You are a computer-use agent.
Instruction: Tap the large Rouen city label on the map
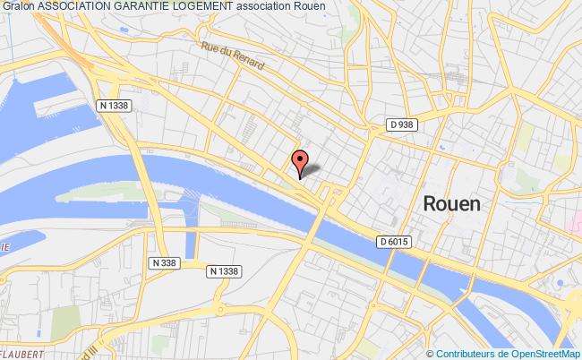tap(450, 203)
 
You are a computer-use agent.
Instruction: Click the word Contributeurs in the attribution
tap(457, 353)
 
